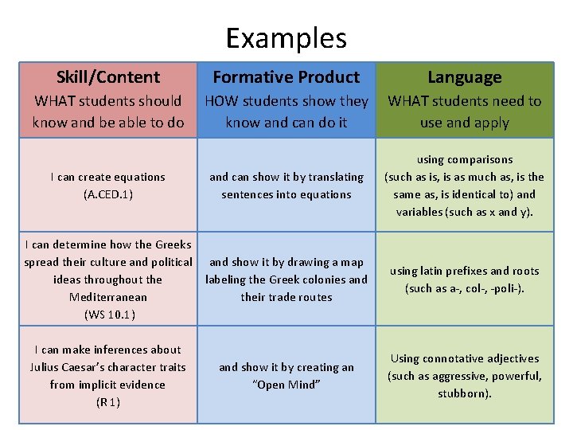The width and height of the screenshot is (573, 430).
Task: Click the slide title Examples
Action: point(286,37)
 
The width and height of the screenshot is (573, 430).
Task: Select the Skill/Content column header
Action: point(108,77)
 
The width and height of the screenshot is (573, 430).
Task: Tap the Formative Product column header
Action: point(286,77)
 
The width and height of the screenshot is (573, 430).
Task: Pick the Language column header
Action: point(465,77)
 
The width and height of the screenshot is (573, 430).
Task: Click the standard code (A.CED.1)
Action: point(108,194)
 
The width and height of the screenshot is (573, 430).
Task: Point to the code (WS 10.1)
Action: point(109,315)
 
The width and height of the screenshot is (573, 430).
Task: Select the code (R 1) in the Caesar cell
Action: point(108,402)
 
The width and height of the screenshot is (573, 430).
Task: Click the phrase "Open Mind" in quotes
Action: point(286,385)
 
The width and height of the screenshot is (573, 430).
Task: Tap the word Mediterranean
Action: point(108,297)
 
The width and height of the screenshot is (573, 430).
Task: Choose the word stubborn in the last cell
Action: point(463,393)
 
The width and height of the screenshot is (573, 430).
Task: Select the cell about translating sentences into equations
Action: point(286,186)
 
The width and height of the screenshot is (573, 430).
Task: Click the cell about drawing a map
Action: point(286,279)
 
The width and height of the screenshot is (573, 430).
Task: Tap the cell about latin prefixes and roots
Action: point(465,279)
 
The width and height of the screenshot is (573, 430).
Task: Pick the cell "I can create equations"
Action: point(108,186)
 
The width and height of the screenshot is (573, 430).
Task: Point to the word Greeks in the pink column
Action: point(173,244)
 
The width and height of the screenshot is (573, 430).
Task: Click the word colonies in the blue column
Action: point(322,279)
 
